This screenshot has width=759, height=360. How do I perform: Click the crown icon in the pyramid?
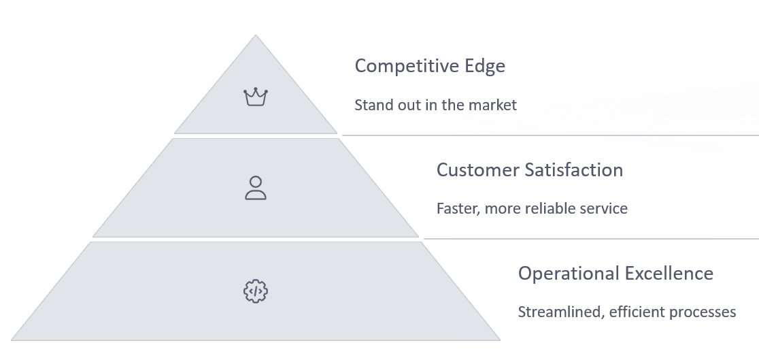click(x=256, y=97)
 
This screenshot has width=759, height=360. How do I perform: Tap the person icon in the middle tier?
click(x=256, y=188)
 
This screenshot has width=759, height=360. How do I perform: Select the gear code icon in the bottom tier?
click(x=256, y=291)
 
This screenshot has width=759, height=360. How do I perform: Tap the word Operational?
click(x=569, y=274)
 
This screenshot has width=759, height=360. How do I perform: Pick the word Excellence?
click(x=669, y=274)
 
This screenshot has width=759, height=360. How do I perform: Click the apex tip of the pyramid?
click(x=256, y=35)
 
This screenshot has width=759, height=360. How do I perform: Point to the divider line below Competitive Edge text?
click(x=550, y=135)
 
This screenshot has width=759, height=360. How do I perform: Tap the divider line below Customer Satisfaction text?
click(x=591, y=238)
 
